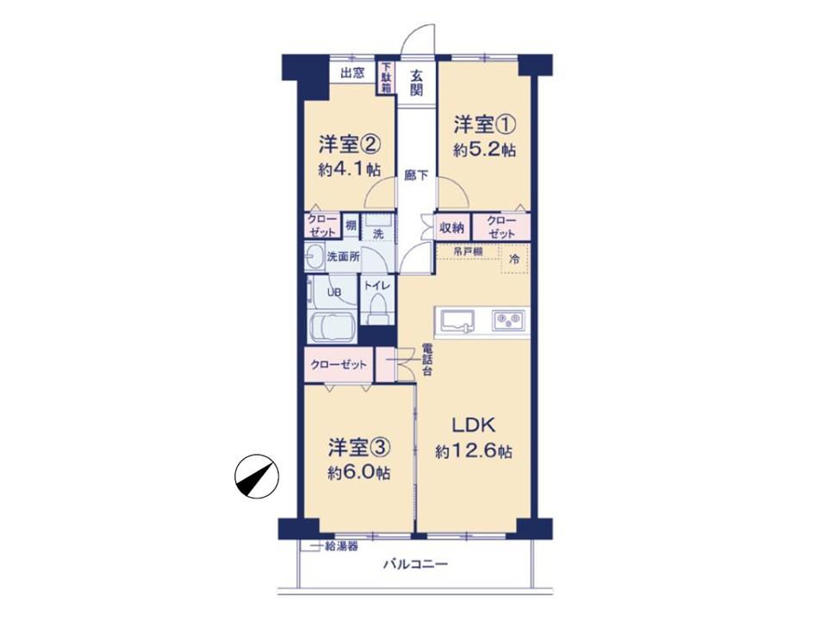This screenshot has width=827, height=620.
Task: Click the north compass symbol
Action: tap(257, 476)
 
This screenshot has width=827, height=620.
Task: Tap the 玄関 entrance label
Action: tap(417, 83)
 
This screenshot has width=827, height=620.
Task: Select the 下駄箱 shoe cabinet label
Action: tap(387, 78)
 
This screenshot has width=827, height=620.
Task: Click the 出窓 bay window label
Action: tap(352, 72)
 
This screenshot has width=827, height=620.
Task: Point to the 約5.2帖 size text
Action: tap(485, 150)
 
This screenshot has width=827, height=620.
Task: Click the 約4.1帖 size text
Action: tap(350, 170)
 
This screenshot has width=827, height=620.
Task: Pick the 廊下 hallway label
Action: tap(416, 176)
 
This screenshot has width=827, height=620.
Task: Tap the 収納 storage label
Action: tap(452, 227)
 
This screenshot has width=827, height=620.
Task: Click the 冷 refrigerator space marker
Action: tap(514, 259)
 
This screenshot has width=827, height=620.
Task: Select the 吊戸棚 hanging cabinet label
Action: tap(468, 252)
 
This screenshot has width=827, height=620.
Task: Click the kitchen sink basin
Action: tap(457, 320)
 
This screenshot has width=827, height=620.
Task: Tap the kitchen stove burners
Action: tap(508, 320)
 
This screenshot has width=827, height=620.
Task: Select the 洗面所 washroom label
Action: tap(344, 257)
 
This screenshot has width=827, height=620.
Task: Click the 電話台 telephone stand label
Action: tap(426, 360)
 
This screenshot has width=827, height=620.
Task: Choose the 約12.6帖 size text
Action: tap(474, 452)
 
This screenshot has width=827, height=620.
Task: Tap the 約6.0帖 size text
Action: tap(359, 474)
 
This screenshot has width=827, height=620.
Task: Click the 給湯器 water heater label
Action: tap(341, 547)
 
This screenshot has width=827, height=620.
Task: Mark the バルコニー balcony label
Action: tap(415, 565)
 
